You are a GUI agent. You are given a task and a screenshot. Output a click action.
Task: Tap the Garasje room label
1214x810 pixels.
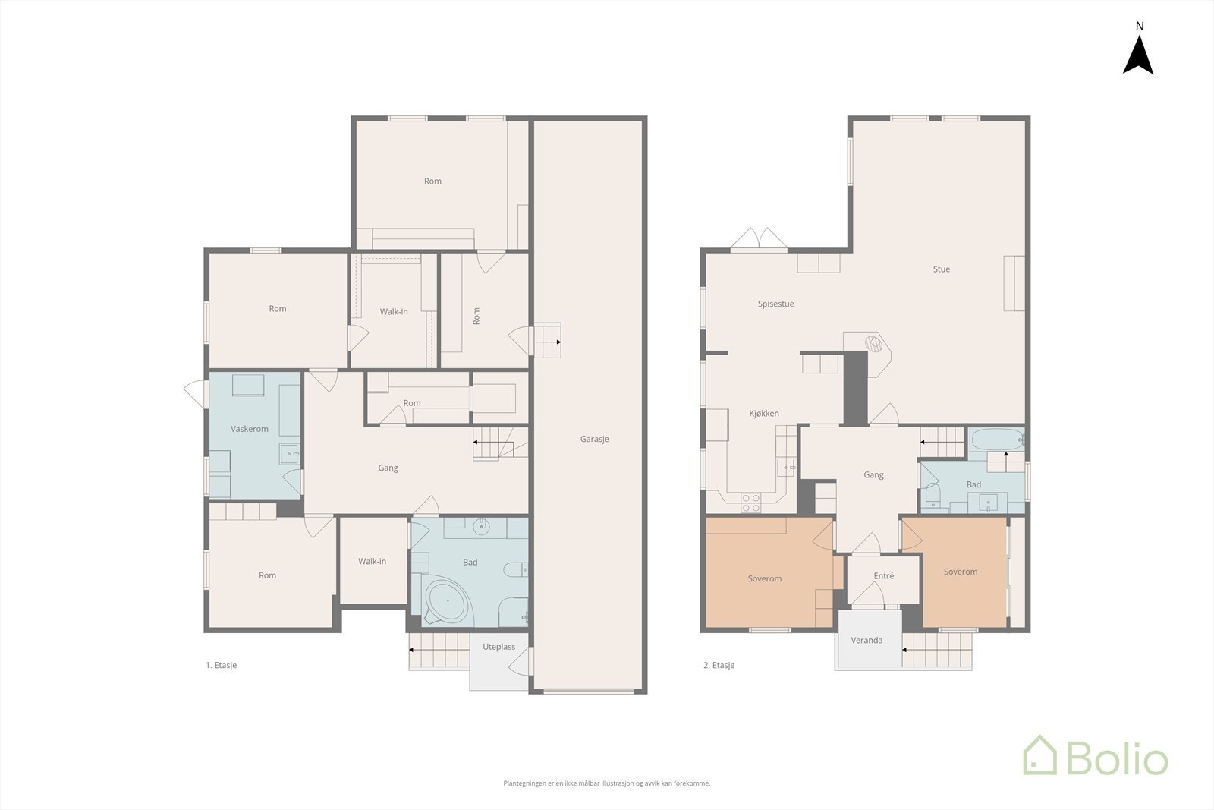click(x=595, y=439)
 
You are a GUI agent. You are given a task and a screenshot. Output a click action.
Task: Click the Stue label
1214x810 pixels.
click(x=942, y=269)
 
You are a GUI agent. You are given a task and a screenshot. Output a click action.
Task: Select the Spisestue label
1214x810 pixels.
click(x=775, y=304)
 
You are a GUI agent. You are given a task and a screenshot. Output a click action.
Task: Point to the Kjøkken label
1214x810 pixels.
click(x=764, y=414)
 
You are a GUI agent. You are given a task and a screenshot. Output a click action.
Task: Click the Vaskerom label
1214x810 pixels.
click(x=250, y=429)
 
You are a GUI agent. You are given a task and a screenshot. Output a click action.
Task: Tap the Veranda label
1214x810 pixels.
click(x=866, y=640)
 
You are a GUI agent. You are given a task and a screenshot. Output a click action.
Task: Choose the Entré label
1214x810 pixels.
click(x=884, y=575)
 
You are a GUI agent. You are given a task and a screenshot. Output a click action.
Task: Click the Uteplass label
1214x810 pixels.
click(x=498, y=647)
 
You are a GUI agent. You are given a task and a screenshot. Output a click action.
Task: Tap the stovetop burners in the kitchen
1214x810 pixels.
click(x=751, y=503)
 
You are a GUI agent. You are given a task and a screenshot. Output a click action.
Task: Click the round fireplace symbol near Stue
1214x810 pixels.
click(x=873, y=343)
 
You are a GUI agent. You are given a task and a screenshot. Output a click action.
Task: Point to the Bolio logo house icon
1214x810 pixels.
click(x=1040, y=755)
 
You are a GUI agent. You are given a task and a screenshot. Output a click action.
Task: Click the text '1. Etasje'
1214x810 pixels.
click(x=221, y=665)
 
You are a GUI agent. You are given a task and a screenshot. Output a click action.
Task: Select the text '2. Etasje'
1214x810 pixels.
click(x=719, y=665)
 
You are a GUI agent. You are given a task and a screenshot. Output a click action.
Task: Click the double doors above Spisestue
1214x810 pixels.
click(x=759, y=239)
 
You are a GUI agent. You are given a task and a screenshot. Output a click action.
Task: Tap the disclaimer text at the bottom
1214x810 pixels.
click(x=606, y=783)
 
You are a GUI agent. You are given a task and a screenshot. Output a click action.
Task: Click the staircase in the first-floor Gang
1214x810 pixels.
click(x=500, y=443)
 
